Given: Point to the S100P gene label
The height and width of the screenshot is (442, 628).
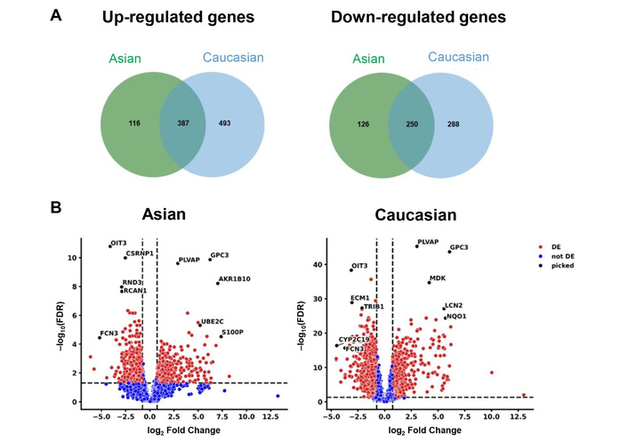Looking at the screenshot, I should [x=233, y=332].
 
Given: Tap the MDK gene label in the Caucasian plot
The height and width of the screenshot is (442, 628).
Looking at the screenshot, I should [x=438, y=278].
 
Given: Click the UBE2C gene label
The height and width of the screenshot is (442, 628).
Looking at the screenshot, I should [x=212, y=320].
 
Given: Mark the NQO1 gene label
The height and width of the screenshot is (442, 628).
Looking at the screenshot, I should [x=456, y=317].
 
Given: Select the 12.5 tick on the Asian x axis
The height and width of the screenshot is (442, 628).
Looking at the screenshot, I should [x=278, y=415].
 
